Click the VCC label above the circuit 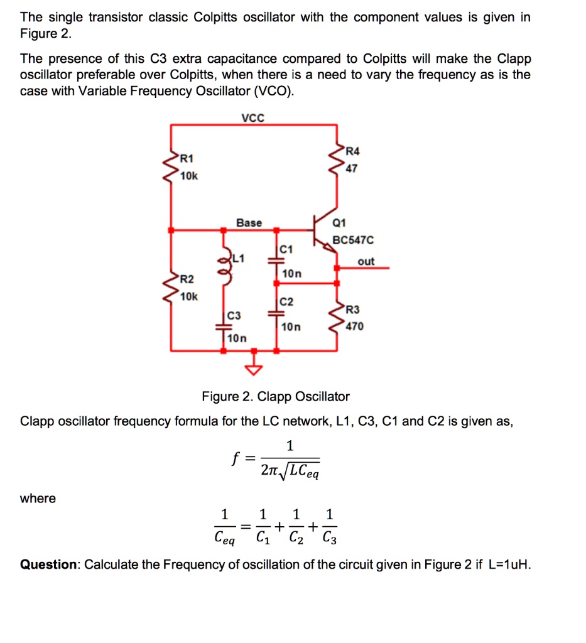click(x=253, y=117)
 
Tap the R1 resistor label click(x=187, y=156)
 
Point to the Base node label click(x=249, y=222)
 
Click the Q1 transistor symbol click(x=323, y=233)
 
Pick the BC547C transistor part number click(x=353, y=240)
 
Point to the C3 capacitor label click(x=234, y=315)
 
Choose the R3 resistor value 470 click(x=354, y=326)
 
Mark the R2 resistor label click(x=187, y=278)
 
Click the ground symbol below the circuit click(x=254, y=369)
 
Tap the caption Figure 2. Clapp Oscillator click(x=275, y=396)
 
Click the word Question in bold click(x=48, y=564)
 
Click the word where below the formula click(x=38, y=499)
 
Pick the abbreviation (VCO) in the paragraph click(x=272, y=91)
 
